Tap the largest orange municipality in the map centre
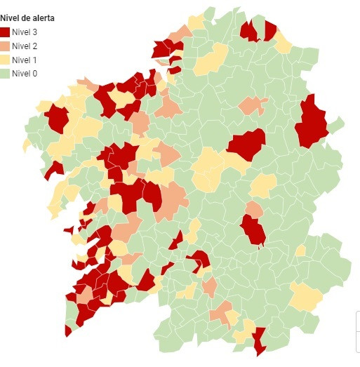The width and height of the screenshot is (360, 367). tap(173, 198)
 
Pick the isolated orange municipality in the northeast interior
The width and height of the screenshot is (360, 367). tap(252, 105)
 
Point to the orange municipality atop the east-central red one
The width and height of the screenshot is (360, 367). tap(254, 209)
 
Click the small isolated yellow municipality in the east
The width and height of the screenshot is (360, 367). tap(300, 251)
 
